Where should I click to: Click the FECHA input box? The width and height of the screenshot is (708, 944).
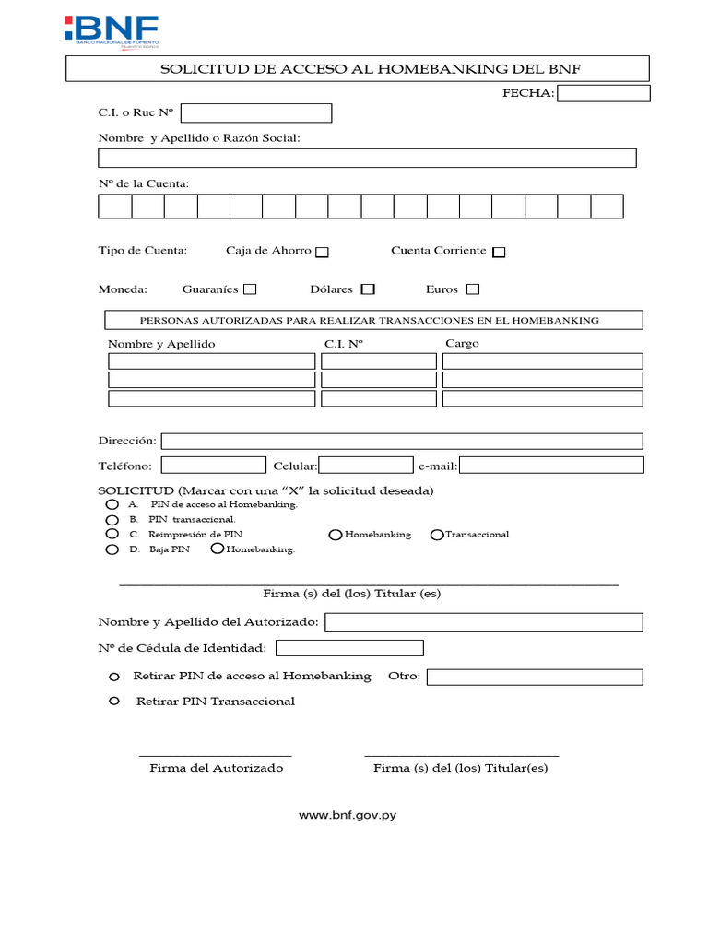[604, 93]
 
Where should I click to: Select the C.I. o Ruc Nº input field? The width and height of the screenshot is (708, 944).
[256, 112]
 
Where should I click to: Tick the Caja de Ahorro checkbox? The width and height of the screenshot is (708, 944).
[322, 252]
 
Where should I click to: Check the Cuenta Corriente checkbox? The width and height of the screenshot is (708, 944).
[499, 252]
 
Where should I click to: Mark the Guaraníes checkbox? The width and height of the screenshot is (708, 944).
[250, 289]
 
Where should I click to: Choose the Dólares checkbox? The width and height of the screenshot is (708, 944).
[368, 289]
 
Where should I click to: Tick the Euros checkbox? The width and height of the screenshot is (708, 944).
[473, 289]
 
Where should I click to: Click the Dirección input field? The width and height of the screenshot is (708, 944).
[402, 441]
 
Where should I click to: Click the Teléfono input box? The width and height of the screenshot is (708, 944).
[214, 466]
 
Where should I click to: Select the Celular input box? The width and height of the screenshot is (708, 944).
[366, 466]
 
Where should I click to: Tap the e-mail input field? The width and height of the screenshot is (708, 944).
[551, 466]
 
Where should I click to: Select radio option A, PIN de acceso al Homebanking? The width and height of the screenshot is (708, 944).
[112, 505]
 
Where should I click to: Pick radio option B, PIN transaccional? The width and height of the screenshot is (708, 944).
[112, 519]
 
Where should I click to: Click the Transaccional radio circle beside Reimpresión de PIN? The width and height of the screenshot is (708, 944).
[437, 535]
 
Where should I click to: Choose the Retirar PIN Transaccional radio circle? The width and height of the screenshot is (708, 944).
[114, 702]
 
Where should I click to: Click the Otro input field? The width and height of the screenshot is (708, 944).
[535, 678]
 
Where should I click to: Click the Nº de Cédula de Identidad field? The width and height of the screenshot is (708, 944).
[349, 648]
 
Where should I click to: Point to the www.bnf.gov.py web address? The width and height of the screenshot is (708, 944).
[348, 816]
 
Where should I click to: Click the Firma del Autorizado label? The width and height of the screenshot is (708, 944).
[217, 768]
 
